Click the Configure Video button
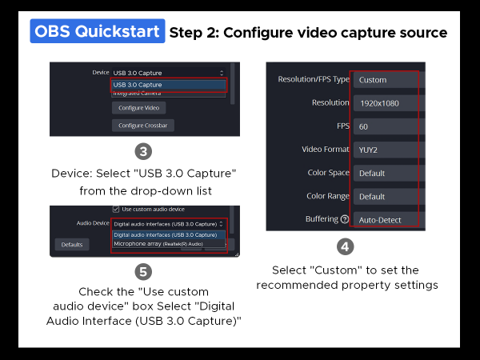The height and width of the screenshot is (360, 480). (x=139, y=108)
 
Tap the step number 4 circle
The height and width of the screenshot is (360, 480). (x=344, y=247)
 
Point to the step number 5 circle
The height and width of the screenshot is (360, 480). (x=143, y=271)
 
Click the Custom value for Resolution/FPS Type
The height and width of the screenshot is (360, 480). (x=373, y=80)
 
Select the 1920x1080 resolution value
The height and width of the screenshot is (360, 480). (x=378, y=103)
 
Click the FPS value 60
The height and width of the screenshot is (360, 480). (x=364, y=126)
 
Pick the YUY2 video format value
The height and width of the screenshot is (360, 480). (x=368, y=150)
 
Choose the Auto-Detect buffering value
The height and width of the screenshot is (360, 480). (x=380, y=219)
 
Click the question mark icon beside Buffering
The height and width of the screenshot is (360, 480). (x=345, y=219)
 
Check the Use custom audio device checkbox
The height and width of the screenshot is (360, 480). (x=116, y=210)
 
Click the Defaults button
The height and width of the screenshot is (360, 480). (x=72, y=244)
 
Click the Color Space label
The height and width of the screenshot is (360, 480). (x=328, y=173)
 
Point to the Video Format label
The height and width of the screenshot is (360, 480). (x=325, y=150)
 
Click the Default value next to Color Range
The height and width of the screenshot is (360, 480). (x=372, y=196)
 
